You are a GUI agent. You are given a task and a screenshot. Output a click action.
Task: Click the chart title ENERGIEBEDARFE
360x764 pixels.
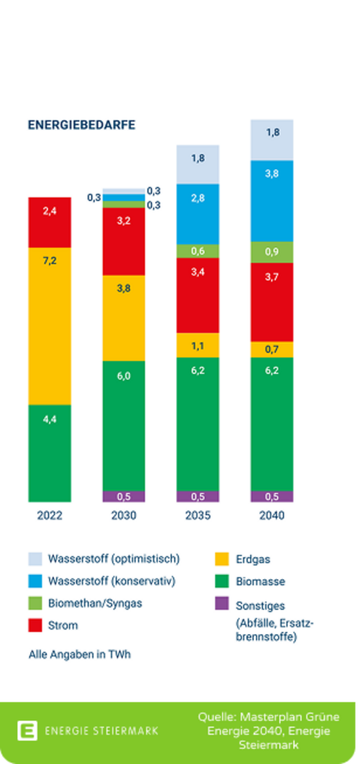82,125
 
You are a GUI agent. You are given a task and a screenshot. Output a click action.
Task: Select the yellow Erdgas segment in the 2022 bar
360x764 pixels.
50,326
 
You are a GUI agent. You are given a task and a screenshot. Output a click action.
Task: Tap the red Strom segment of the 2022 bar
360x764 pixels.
50,222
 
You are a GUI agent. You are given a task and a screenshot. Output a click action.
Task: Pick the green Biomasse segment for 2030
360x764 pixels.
124,426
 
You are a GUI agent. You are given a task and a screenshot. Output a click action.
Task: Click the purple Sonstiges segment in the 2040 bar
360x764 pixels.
272,497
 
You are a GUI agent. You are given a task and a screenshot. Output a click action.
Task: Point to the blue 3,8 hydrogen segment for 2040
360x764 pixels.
272,201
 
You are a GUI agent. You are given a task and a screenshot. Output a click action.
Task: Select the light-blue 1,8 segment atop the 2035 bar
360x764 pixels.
197,164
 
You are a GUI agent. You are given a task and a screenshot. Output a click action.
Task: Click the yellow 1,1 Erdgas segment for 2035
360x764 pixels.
197,345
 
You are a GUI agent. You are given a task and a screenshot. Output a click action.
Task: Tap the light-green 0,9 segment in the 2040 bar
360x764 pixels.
272,252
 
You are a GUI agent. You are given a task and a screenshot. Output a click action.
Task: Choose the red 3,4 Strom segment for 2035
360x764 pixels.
197,295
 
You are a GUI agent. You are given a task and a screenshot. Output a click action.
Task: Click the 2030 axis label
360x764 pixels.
124,516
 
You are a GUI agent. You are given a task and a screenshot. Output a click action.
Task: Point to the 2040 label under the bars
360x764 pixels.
272,516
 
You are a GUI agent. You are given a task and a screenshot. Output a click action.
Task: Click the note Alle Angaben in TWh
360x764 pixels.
80,654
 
